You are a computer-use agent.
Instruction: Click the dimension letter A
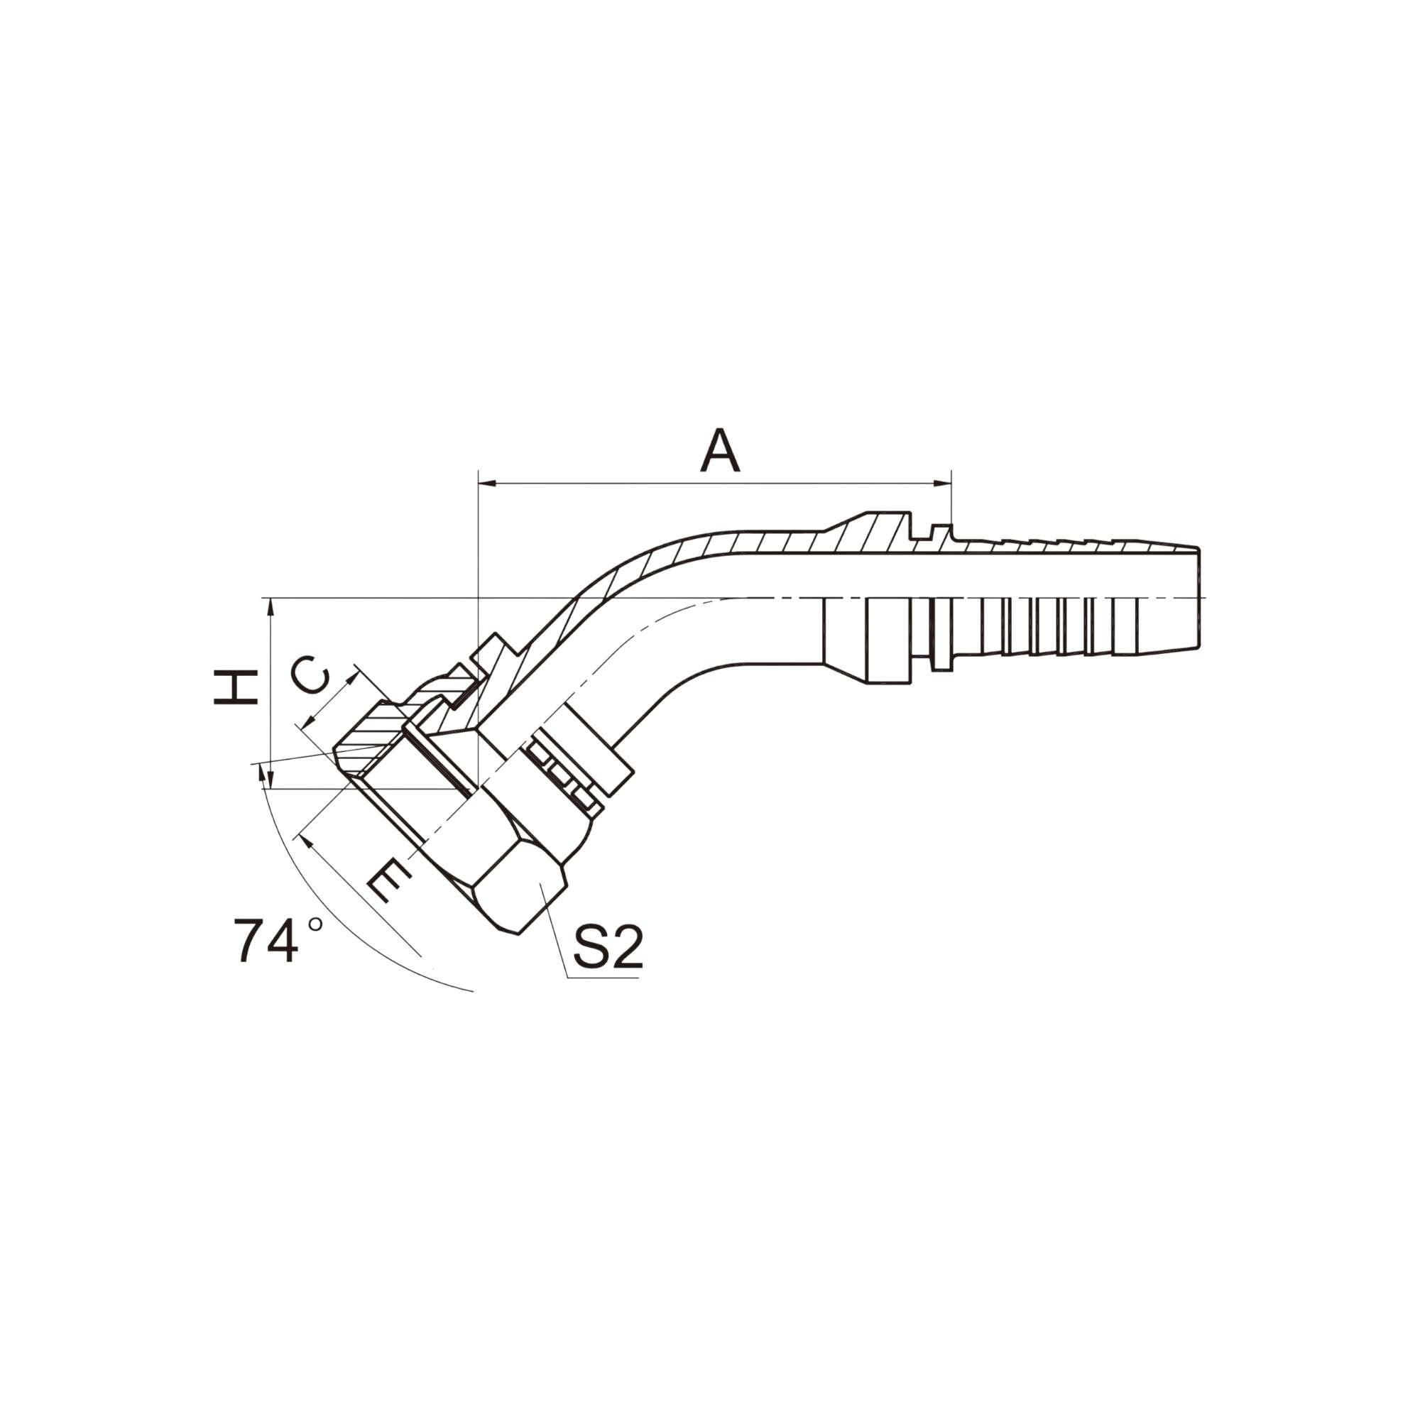pyautogui.click(x=719, y=451)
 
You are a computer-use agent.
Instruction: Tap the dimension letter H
pyautogui.click(x=235, y=687)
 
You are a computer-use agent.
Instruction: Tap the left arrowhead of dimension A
pyautogui.click(x=487, y=483)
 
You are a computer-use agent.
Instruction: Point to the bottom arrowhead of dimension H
pyautogui.click(x=271, y=780)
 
